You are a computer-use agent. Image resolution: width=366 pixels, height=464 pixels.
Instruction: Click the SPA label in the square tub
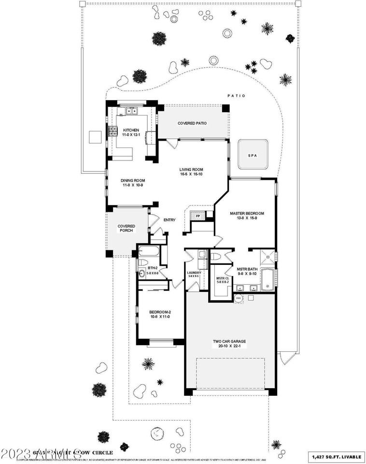click(x=252, y=156)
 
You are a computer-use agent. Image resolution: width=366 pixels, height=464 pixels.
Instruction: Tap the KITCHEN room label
click(x=131, y=130)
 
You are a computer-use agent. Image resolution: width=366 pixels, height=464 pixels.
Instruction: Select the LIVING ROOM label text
click(x=191, y=170)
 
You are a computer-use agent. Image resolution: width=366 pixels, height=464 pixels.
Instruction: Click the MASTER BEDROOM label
click(x=247, y=213)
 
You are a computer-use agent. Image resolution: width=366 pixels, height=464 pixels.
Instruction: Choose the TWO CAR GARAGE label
click(x=229, y=342)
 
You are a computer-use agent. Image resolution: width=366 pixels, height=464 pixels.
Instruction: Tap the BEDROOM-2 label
click(x=160, y=312)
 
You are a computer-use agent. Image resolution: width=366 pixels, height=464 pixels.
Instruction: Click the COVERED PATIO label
click(x=192, y=123)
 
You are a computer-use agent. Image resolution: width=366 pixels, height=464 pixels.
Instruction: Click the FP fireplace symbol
click(x=198, y=216)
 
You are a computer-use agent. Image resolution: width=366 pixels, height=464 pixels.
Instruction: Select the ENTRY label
click(x=169, y=220)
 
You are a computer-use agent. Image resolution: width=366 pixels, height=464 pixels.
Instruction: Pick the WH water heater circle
click(x=238, y=298)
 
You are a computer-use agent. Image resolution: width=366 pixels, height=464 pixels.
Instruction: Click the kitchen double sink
click(x=132, y=112)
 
